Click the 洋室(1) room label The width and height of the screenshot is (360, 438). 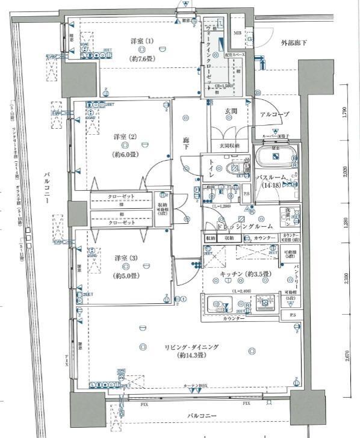pyautogui.click(x=142, y=41)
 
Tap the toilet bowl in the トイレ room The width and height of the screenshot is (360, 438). pyautogui.click(x=231, y=170)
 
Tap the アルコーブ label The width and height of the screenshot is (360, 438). pyautogui.click(x=275, y=114)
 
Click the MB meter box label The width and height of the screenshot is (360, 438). pyautogui.click(x=237, y=32)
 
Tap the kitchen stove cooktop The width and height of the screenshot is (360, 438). pyautogui.click(x=263, y=303)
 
